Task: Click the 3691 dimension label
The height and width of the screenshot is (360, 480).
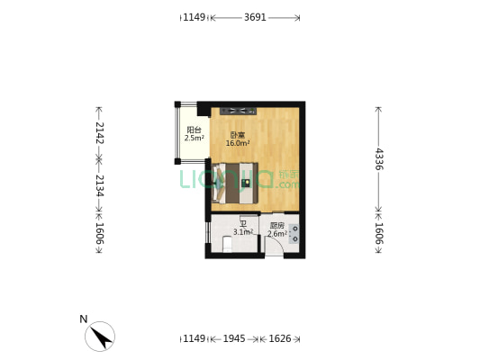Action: pos(255,17)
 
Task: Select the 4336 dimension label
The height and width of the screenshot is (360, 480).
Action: pos(379,158)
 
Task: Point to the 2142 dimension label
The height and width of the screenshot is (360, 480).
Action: pos(99,133)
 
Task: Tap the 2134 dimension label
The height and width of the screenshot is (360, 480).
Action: pos(99,186)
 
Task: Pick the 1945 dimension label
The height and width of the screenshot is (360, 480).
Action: pos(233,338)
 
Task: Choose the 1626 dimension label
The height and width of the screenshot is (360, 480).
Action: pos(279,338)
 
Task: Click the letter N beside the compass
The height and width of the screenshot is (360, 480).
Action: pos(83,319)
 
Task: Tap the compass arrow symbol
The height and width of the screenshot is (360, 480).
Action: pos(100,337)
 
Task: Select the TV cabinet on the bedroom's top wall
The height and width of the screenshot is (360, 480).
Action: pos(239,112)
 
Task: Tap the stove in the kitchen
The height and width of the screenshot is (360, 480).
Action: pos(294,234)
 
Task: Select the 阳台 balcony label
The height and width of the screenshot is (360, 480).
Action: pos(194,130)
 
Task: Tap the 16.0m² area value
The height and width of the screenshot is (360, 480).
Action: pos(238,143)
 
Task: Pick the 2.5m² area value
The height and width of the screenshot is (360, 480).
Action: pos(194,138)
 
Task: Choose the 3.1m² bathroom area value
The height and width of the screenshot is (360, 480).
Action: pos(242,232)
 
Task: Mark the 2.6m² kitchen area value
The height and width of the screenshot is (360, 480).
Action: pos(277,233)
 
